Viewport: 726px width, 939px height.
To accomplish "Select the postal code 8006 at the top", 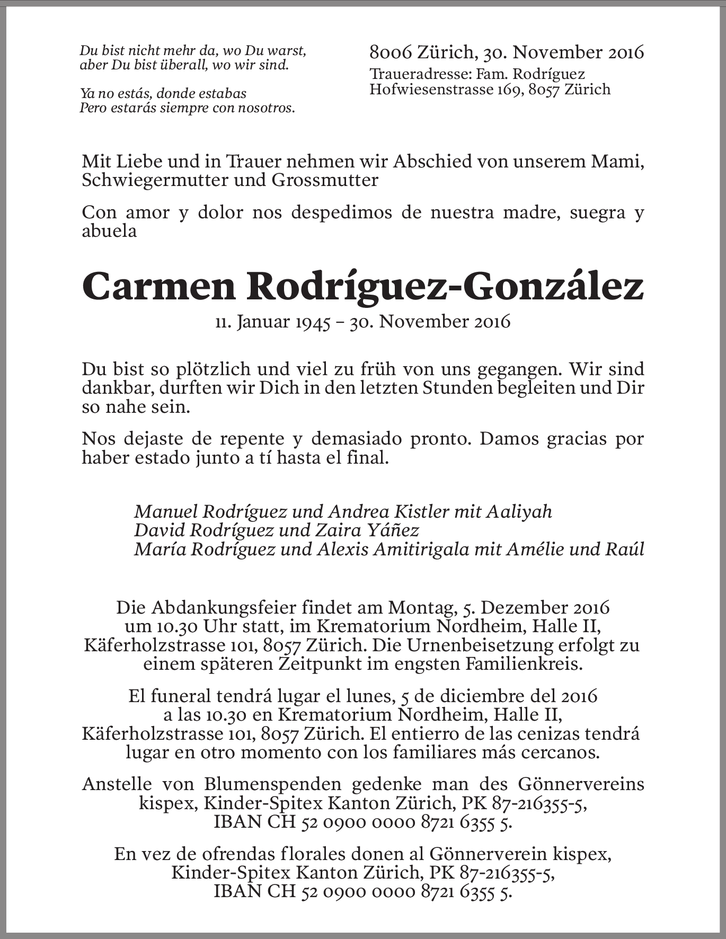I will coord(390,52).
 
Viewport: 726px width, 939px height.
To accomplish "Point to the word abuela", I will coord(109,231).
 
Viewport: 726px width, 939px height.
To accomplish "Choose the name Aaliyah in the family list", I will coord(519,511).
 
